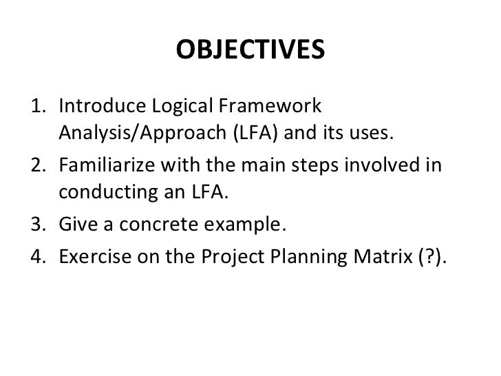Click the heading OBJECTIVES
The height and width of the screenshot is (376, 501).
click(x=250, y=50)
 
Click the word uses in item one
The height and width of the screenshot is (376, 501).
click(x=372, y=134)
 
